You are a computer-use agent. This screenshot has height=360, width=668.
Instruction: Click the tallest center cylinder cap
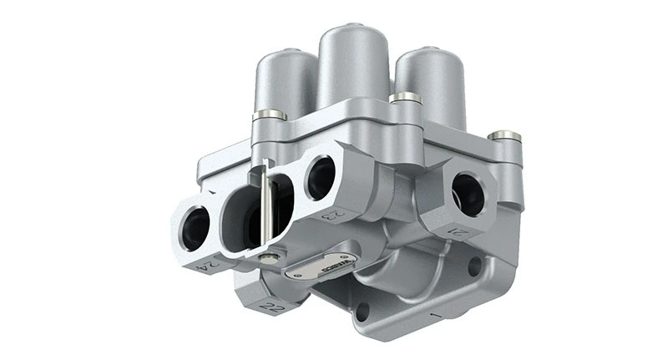352,63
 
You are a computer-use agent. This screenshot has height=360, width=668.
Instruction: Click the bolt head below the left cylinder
269,114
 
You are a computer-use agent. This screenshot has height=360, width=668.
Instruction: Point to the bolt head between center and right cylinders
406,98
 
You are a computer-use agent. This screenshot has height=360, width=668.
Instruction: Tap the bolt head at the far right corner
504,134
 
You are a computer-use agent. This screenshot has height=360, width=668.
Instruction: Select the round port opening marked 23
320,177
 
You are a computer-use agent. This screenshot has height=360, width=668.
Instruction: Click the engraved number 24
207,266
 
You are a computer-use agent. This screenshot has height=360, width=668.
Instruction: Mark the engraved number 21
455,231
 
